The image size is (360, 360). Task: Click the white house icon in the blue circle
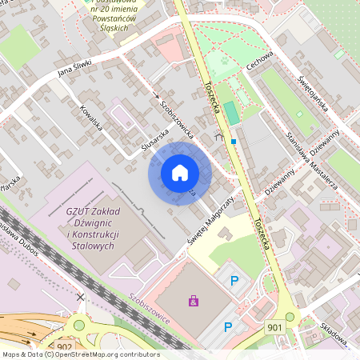pyautogui.click(x=180, y=172)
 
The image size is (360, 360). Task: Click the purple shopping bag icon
pyautogui.click(x=193, y=301)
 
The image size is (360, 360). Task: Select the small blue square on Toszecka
pyautogui.click(x=234, y=142)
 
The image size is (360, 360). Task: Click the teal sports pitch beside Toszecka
pyautogui.click(x=231, y=113)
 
